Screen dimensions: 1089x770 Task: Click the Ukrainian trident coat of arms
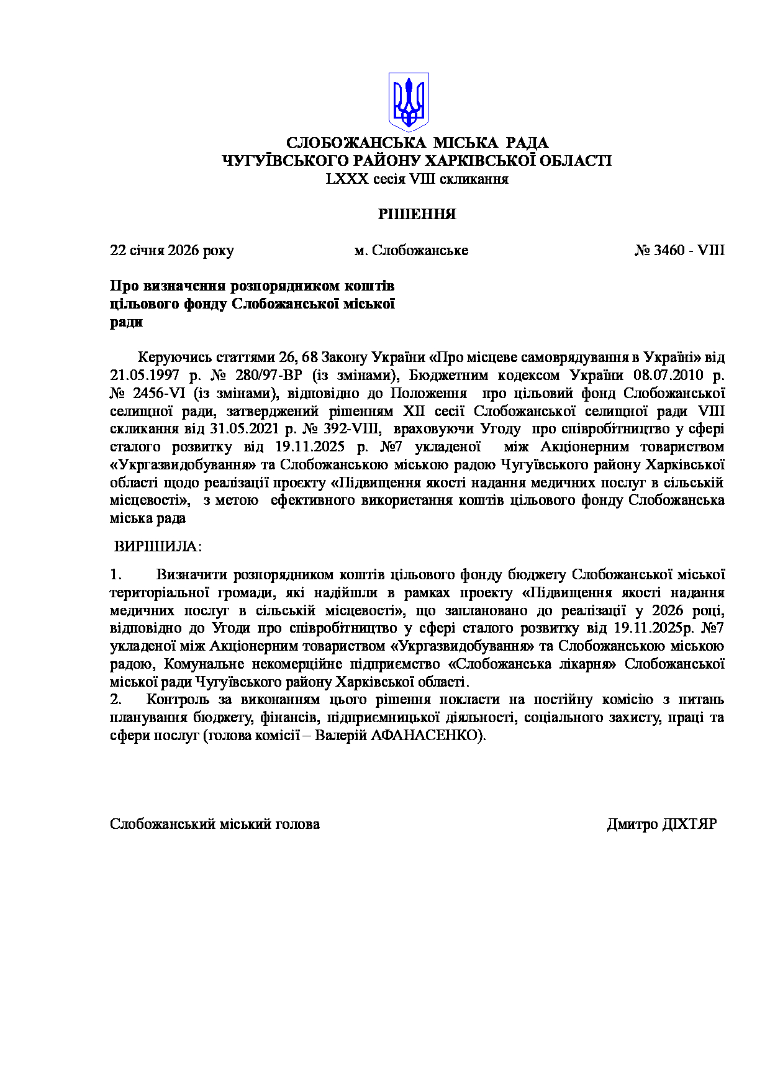tap(409, 101)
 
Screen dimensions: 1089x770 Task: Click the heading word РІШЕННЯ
tap(417, 215)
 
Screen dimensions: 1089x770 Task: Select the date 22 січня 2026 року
tap(172, 251)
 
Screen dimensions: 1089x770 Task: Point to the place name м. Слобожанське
tap(411, 251)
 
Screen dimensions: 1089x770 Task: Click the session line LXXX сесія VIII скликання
tap(417, 179)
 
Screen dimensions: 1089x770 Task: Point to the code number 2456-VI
tap(160, 394)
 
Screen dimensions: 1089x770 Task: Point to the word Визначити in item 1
tap(192, 575)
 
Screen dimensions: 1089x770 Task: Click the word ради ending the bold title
tap(127, 322)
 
